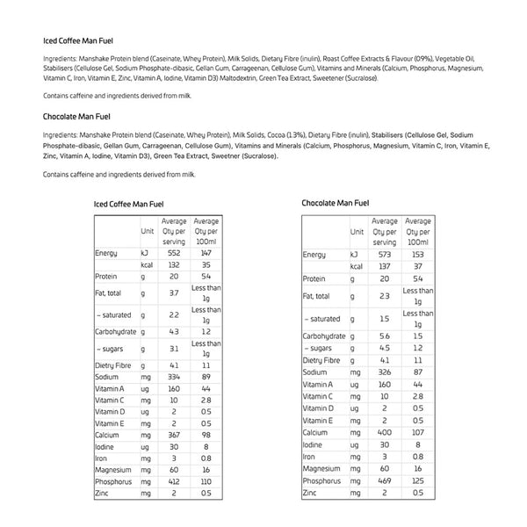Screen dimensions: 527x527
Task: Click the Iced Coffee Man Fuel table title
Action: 128,205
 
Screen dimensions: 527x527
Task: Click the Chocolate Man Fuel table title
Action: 336,203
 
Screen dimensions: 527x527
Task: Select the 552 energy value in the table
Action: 174,252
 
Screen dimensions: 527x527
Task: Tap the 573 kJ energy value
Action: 384,254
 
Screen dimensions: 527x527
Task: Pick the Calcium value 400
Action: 384,432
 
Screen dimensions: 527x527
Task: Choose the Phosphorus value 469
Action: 384,481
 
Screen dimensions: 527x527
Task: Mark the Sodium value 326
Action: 384,372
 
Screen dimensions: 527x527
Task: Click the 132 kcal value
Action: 174,263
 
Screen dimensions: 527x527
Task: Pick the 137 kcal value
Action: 384,265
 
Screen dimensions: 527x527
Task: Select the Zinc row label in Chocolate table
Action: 311,494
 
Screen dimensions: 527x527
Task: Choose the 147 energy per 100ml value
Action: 206,252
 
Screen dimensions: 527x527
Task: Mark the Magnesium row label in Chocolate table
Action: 321,469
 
